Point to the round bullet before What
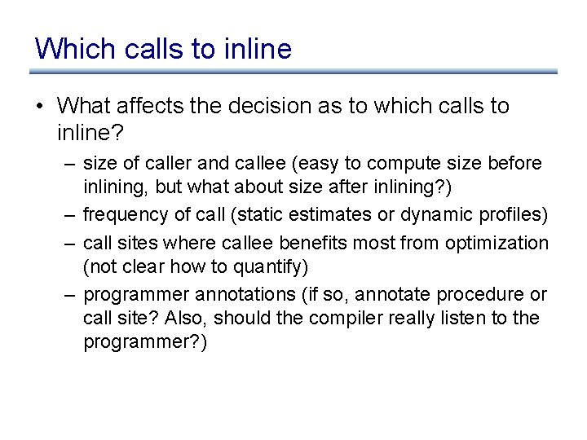(42, 106)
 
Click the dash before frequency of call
(71, 216)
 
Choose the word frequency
(121, 216)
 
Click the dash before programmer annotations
(71, 294)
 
